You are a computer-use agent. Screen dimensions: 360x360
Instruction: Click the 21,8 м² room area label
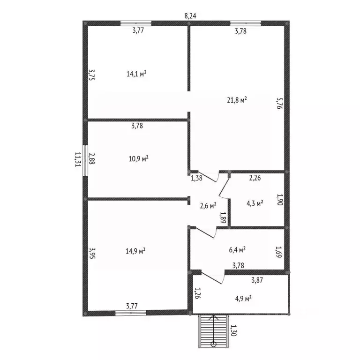(x=237, y=100)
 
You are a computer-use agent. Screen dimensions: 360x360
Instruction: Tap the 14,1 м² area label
(x=136, y=74)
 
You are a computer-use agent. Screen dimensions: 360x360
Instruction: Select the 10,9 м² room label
(x=138, y=158)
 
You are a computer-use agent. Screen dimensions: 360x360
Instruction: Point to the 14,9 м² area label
(x=135, y=251)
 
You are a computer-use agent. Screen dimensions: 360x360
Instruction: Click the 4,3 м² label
(x=255, y=203)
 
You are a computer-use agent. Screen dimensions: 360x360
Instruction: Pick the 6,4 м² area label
(x=237, y=250)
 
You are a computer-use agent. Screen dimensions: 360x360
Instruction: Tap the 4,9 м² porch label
(x=243, y=299)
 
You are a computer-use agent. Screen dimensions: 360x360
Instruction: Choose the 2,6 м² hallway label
(x=208, y=206)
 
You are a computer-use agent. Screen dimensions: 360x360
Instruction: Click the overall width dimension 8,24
(x=190, y=16)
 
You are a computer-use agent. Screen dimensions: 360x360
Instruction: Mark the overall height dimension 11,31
(x=78, y=159)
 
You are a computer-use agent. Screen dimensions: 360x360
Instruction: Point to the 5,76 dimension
(x=280, y=103)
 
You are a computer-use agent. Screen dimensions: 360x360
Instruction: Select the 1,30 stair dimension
(x=233, y=330)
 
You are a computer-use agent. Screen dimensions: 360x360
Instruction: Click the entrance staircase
(x=214, y=331)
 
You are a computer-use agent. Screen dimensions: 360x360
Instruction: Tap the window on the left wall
(x=85, y=160)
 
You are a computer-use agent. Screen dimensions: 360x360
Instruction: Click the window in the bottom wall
(x=131, y=313)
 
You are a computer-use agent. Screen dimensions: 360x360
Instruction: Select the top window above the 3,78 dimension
(x=246, y=23)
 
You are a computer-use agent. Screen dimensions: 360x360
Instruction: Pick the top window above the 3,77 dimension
(x=136, y=23)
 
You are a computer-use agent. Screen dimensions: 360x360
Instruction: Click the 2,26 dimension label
(x=255, y=178)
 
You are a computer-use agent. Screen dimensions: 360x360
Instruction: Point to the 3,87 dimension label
(x=257, y=280)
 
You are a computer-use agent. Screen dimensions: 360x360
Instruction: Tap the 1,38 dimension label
(x=197, y=178)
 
